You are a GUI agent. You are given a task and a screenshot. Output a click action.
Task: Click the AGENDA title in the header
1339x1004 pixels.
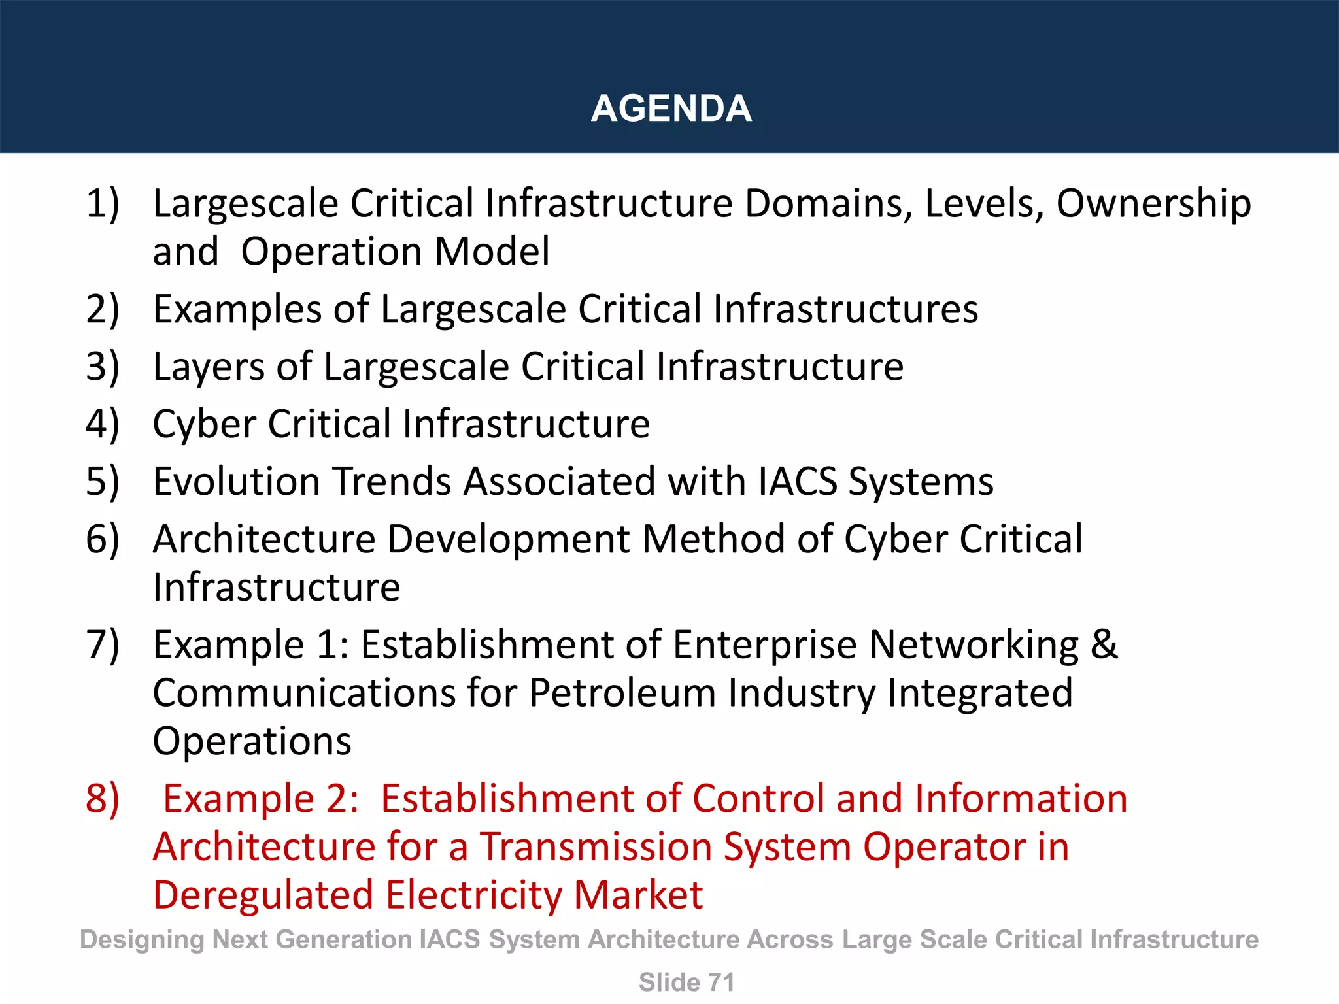[x=671, y=109]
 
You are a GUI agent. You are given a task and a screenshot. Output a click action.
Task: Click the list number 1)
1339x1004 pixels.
[x=103, y=203]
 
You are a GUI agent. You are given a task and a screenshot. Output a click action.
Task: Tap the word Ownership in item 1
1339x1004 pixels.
[x=1153, y=203]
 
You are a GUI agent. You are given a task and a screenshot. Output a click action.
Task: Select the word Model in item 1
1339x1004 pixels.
[x=492, y=252]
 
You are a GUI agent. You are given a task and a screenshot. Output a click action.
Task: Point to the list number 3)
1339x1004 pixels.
[x=103, y=367]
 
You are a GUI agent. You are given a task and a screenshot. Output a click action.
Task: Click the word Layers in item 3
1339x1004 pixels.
[x=209, y=367]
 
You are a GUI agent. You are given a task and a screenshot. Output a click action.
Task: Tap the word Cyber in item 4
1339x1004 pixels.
[x=204, y=424]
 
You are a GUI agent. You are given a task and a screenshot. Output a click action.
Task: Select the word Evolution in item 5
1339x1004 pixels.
[x=237, y=482]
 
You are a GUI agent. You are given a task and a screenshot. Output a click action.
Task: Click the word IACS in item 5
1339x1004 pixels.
[x=798, y=482]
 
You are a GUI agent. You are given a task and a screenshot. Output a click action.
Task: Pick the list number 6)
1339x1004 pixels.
[x=103, y=539]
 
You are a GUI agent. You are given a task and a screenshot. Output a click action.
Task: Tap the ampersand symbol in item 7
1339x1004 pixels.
[x=1104, y=644]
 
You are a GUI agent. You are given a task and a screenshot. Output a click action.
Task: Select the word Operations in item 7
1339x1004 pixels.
[x=252, y=741]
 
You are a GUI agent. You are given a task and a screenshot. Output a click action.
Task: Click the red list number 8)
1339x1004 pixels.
[x=103, y=799]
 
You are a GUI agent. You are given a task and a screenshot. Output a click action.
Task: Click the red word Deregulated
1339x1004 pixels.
[x=263, y=895]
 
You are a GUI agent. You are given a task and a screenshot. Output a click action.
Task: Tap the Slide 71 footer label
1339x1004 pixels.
[x=686, y=982]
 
